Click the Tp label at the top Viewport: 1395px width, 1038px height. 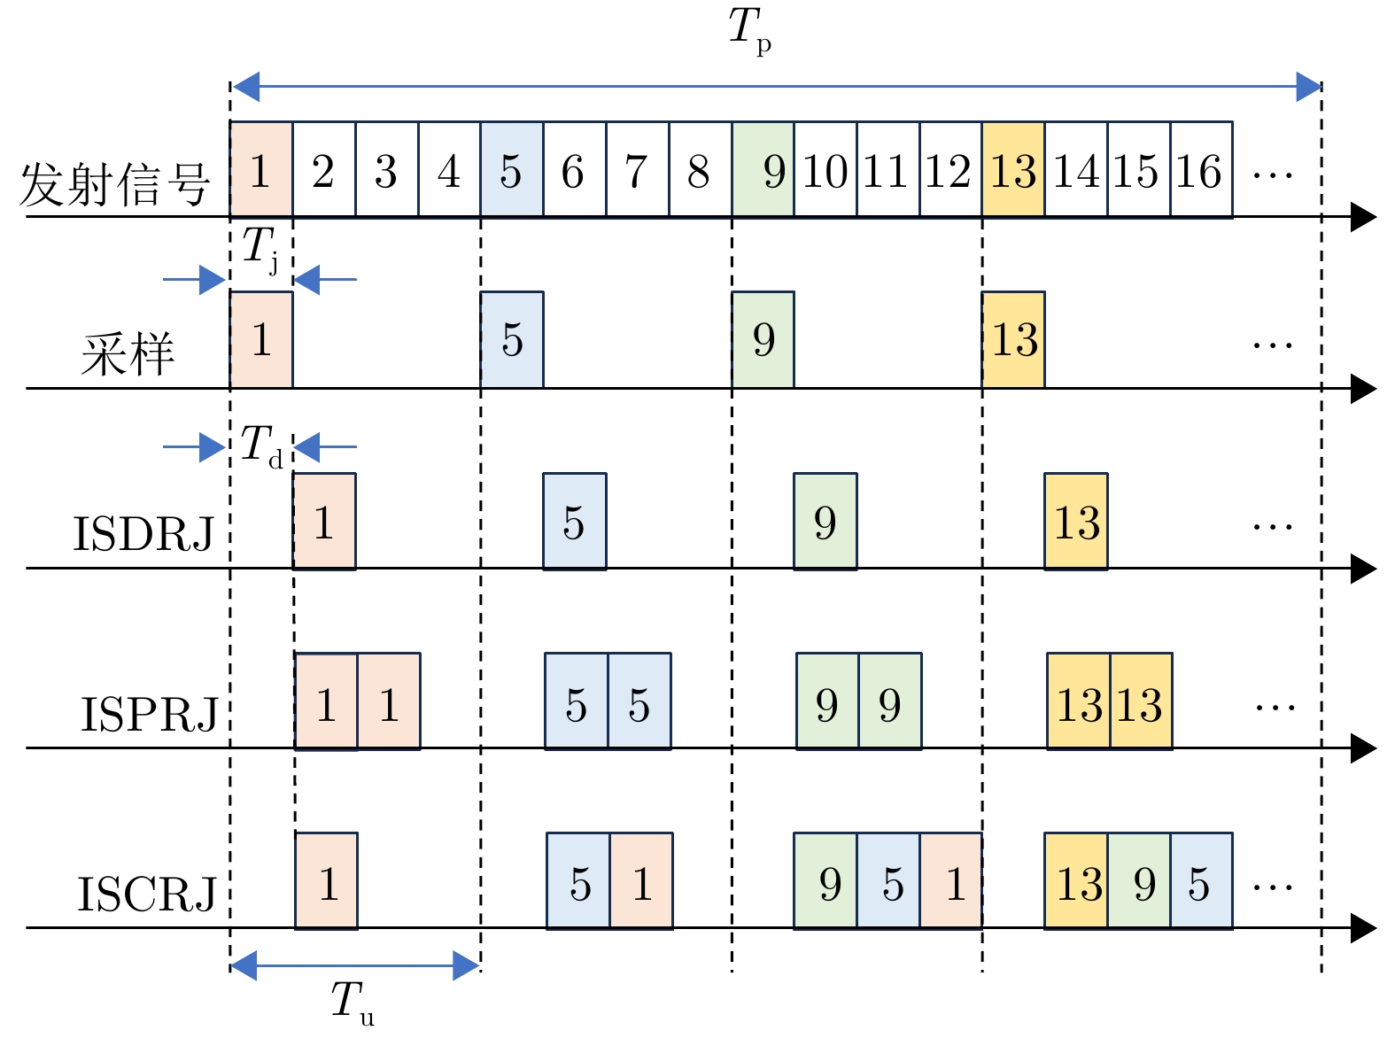(x=749, y=30)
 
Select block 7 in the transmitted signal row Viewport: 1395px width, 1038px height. (x=637, y=170)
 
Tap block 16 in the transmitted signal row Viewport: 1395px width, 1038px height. (x=1201, y=170)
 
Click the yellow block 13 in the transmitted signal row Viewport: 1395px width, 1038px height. (x=1013, y=170)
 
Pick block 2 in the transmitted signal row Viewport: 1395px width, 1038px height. (x=323, y=170)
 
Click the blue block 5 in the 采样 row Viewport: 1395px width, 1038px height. (x=512, y=340)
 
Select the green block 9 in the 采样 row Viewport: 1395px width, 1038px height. (x=763, y=340)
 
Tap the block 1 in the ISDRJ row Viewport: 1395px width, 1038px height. (x=324, y=522)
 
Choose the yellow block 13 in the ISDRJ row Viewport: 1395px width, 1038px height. (x=1076, y=522)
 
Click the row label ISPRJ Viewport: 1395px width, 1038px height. (x=149, y=714)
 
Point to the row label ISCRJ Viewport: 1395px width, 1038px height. (x=147, y=894)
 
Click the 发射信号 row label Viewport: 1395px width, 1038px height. (x=115, y=184)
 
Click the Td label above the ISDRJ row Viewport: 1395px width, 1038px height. (x=262, y=445)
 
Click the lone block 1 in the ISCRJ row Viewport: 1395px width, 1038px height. (x=327, y=881)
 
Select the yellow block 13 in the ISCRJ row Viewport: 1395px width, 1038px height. (x=1076, y=881)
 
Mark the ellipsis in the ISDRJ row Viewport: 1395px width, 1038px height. (x=1273, y=527)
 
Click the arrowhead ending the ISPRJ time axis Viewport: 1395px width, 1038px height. (x=1364, y=748)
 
